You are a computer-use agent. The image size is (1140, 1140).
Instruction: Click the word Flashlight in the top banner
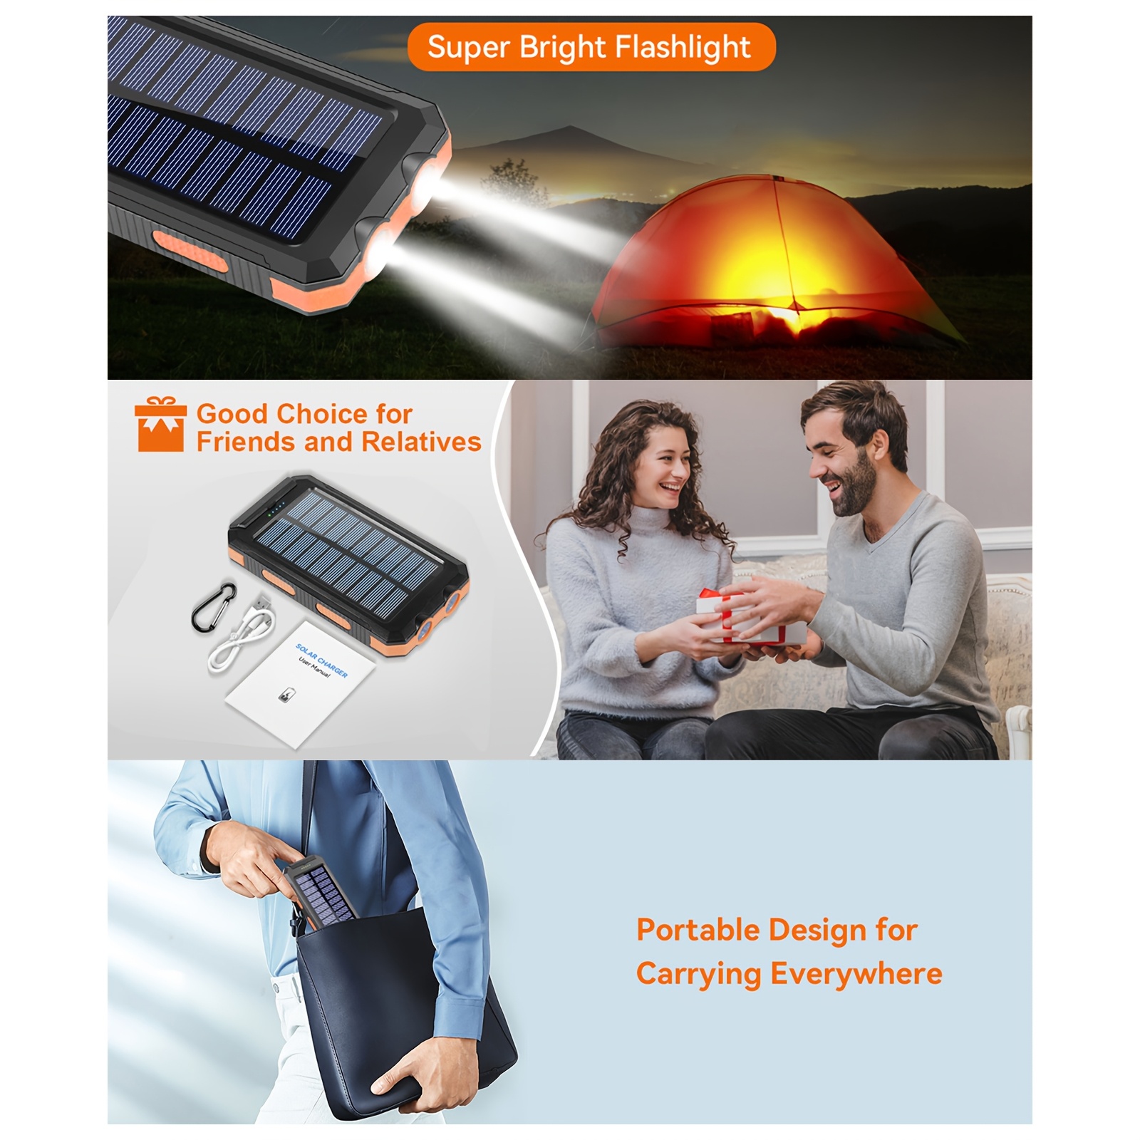pos(683,47)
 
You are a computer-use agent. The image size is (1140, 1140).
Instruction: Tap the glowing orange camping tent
pos(773,267)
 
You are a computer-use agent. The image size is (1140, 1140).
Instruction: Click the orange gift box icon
pos(160,425)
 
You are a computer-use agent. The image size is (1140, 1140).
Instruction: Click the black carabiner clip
pos(214,606)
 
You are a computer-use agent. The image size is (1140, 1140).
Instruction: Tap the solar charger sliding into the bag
pos(318,892)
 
